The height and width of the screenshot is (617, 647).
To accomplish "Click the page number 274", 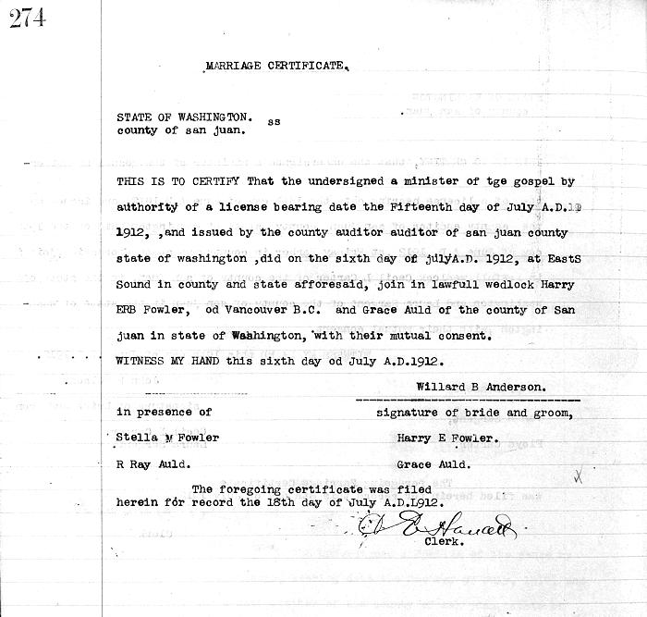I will pos(29,19).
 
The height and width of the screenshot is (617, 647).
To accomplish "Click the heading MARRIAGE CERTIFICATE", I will pos(276,66).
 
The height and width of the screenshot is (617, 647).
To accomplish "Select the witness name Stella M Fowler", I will pos(167,437).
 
